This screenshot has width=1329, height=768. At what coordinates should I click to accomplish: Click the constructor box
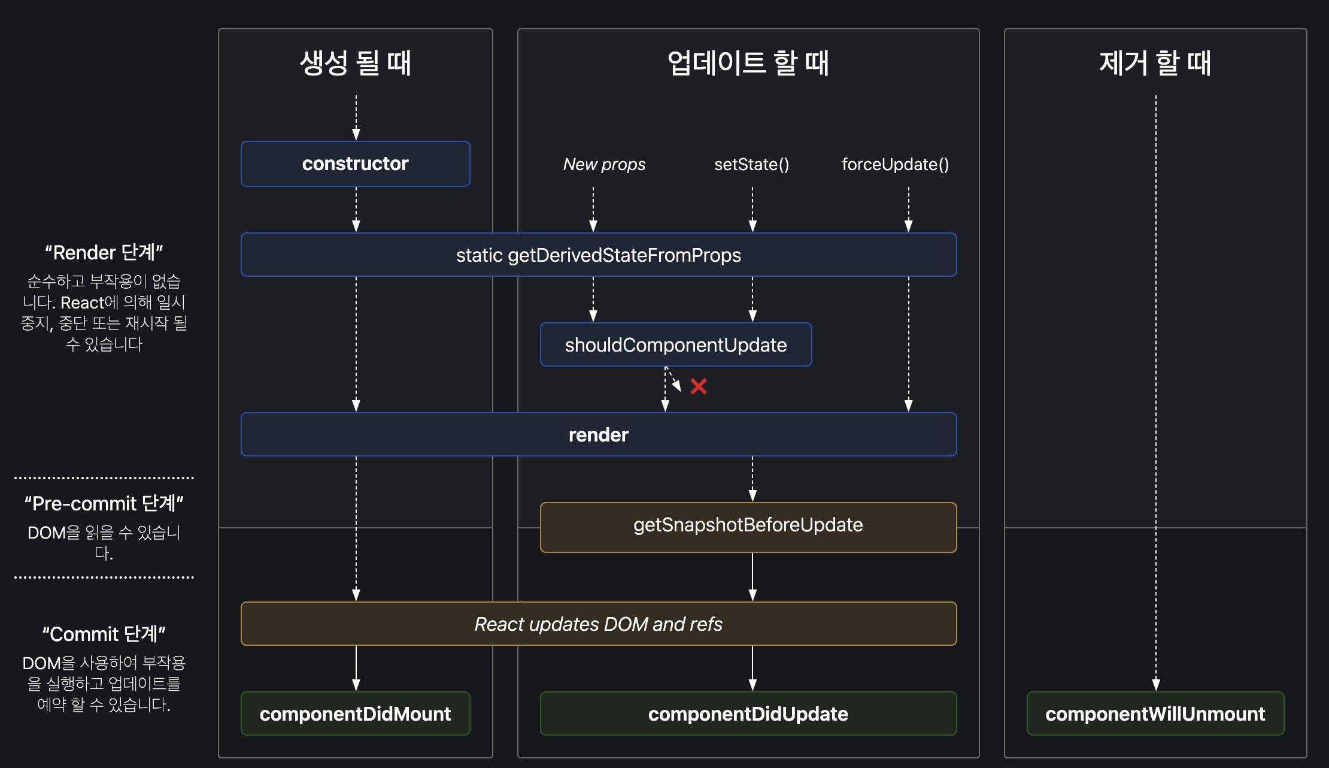point(356,164)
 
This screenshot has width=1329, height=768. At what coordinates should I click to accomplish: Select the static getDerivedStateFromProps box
point(599,255)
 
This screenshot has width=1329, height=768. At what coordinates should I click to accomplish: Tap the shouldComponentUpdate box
point(676,344)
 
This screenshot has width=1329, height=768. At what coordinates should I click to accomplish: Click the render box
point(599,434)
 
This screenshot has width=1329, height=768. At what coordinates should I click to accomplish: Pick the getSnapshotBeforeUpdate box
point(748,527)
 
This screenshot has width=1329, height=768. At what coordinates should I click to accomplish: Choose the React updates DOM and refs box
point(599,624)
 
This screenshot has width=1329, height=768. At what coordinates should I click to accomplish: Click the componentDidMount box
point(356,713)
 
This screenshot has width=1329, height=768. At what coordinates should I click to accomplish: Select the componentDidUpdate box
point(748,713)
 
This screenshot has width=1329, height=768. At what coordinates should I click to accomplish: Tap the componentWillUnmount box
point(1155,713)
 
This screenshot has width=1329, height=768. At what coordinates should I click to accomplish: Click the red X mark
point(699,386)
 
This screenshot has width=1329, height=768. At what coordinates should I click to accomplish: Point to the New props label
point(605,164)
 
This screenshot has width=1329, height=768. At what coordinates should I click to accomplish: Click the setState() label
point(752,164)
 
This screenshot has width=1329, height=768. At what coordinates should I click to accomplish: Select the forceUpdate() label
point(896,164)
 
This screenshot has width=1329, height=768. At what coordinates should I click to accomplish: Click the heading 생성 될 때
point(356,63)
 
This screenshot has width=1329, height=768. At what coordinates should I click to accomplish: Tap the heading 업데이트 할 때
point(748,63)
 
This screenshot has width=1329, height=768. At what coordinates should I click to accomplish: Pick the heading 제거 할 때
point(1155,63)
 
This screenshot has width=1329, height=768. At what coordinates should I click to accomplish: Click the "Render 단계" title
point(104,252)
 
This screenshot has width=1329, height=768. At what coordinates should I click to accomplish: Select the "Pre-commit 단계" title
point(104,503)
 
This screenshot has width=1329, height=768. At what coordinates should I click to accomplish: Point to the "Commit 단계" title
point(104,634)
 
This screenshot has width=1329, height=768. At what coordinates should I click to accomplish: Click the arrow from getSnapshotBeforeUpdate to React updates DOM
point(753,577)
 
